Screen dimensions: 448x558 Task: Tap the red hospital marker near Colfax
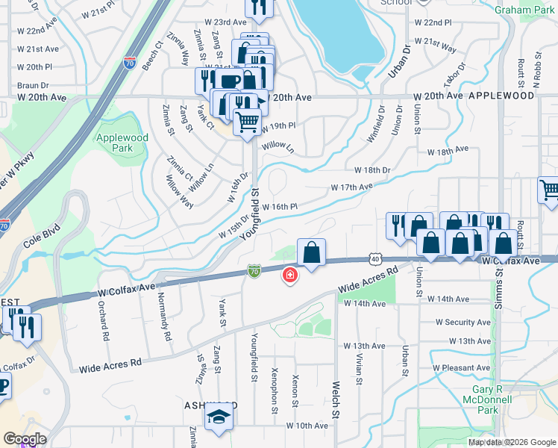coord(289,277)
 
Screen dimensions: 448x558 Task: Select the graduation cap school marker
coord(219,419)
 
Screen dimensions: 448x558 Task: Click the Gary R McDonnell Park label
coord(498,399)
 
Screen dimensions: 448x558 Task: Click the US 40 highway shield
coord(374,258)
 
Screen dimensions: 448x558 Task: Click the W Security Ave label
coord(463,322)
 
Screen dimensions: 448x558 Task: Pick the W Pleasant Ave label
coord(462,368)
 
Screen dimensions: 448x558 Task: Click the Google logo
coord(25,439)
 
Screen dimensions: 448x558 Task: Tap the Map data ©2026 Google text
coord(512,442)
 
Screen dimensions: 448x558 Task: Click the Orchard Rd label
coord(102,323)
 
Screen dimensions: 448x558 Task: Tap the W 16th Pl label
coord(280,206)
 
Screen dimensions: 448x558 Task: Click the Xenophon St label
coord(275,390)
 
